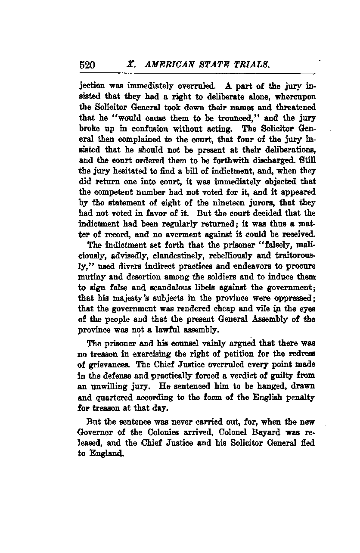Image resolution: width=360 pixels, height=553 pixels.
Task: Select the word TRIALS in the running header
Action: click(x=251, y=65)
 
